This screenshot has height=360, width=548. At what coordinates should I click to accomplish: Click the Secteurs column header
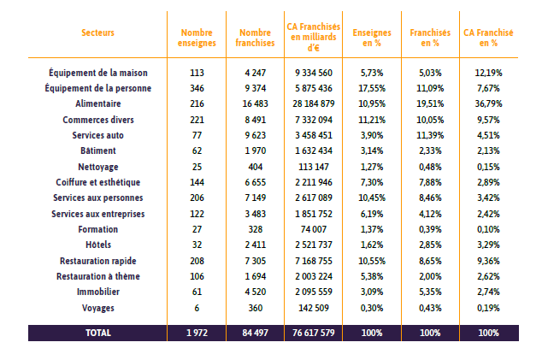click(x=97, y=32)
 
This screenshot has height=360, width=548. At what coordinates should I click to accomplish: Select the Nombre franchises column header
click(x=255, y=38)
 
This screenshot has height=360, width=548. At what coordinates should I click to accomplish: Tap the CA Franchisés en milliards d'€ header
click(x=314, y=37)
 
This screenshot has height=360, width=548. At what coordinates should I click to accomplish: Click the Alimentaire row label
click(x=98, y=103)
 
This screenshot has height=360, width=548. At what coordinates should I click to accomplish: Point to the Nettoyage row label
click(x=98, y=167)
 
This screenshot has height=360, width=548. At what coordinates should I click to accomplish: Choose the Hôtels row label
click(x=98, y=245)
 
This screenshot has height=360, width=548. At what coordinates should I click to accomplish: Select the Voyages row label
click(x=98, y=309)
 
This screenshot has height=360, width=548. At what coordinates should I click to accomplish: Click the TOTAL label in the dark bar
click(x=98, y=333)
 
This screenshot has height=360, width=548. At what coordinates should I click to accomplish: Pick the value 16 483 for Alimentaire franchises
click(x=256, y=103)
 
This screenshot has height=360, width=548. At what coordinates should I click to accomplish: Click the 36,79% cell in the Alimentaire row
click(x=489, y=103)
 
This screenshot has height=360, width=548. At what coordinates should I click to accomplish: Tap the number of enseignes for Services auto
click(x=197, y=135)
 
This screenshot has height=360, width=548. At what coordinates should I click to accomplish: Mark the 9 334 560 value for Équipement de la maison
click(x=314, y=73)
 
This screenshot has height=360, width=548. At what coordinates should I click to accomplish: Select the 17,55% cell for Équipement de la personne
click(x=372, y=88)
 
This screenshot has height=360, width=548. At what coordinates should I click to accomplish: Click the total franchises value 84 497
click(x=256, y=333)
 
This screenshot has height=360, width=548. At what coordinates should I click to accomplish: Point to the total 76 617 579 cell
click(x=314, y=333)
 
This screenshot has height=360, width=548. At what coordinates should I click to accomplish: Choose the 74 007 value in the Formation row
click(x=314, y=229)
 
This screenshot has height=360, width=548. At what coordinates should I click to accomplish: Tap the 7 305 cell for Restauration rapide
click(x=256, y=261)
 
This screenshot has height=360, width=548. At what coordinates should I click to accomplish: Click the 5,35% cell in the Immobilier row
click(x=430, y=292)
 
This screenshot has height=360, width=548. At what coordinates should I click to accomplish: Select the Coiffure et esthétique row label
click(x=98, y=182)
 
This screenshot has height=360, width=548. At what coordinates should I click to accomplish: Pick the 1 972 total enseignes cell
click(x=197, y=333)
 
